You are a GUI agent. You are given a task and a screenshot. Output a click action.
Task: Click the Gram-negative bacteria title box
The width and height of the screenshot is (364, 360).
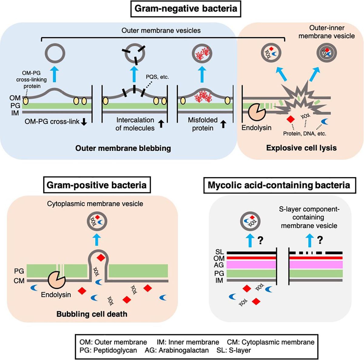point(186,8)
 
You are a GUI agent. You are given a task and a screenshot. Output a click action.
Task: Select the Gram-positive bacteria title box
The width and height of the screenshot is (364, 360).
point(97,185)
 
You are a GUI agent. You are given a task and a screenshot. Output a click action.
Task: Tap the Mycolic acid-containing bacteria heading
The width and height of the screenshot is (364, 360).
point(279,185)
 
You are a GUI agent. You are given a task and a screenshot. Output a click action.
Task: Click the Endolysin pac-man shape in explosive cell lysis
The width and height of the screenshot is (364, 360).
point(257,112)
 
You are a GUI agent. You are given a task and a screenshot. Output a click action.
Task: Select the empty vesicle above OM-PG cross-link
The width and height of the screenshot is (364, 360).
point(55,54)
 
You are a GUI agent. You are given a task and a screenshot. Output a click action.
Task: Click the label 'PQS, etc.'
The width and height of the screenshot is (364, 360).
point(157,77)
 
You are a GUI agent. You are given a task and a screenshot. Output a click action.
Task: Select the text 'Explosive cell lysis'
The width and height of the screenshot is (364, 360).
point(301,148)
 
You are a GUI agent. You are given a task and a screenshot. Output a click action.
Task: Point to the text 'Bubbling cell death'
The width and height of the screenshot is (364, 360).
point(92,314)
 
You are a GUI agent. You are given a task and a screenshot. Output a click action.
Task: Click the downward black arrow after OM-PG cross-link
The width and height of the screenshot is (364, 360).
point(84,122)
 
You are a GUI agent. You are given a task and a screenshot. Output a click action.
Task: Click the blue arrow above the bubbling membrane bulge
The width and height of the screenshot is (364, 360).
point(97,239)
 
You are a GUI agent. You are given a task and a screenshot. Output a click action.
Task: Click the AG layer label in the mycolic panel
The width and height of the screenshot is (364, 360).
point(219,265)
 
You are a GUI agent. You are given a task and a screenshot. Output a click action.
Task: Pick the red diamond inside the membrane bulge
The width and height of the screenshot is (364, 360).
point(100,258)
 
